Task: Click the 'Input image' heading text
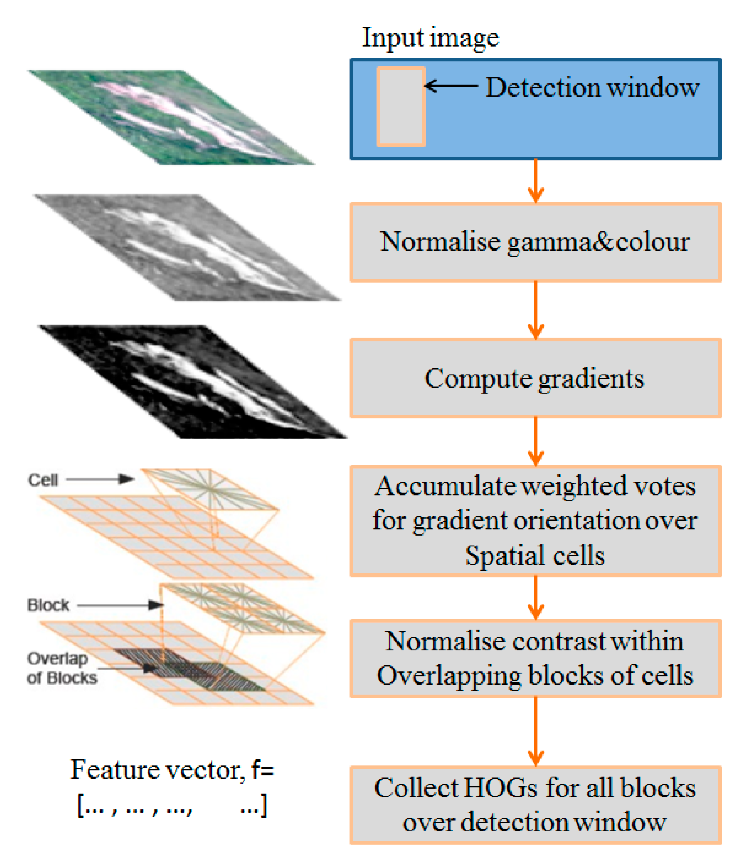430,38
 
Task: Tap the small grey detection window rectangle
401,107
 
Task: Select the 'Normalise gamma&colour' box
535,242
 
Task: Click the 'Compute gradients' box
535,378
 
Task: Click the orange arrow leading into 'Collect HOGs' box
535,732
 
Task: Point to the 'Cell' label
43,480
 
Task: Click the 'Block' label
49,605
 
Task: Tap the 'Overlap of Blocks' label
61,668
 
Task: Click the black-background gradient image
194,382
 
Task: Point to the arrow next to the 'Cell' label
100,479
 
